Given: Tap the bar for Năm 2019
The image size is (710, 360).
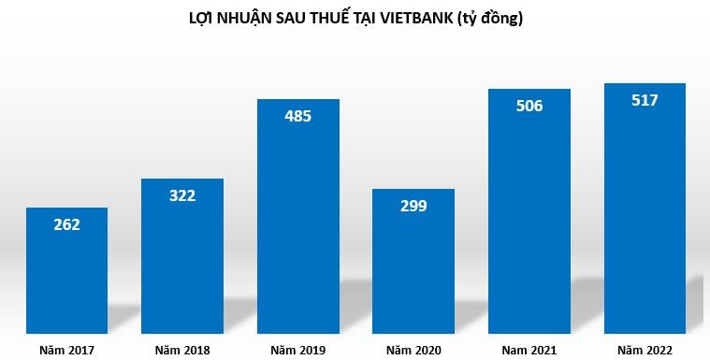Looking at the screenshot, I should (x=298, y=220).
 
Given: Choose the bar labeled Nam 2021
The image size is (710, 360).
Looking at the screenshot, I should (x=529, y=215).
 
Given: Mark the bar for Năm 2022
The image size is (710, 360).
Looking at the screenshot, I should (x=645, y=210).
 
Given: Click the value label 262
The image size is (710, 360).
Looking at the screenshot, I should (x=66, y=224).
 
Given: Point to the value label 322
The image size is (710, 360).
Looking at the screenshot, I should (x=182, y=195).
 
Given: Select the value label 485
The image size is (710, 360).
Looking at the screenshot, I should (x=298, y=117).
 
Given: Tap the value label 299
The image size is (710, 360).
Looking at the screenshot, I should (x=413, y=207).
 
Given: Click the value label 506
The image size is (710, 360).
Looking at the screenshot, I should (x=529, y=106).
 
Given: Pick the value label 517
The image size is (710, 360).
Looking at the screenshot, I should (x=645, y=100).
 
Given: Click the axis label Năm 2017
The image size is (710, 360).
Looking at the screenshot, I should (x=66, y=351).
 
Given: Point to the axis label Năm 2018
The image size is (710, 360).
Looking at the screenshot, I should (x=182, y=351).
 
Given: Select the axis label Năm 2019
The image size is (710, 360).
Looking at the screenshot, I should (x=298, y=351).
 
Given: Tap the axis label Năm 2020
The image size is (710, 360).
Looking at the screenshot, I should (x=413, y=351).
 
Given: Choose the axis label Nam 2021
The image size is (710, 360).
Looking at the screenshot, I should (x=529, y=351).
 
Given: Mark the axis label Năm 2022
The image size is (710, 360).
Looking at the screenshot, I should (x=645, y=351).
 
